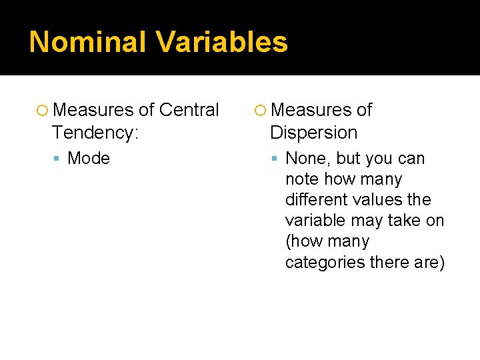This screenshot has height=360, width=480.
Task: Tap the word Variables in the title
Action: pos(223,42)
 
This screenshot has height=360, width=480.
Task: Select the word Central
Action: pos(189,109)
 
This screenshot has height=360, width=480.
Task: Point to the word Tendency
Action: pos(93,132)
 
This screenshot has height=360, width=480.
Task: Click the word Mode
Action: pos(89,158)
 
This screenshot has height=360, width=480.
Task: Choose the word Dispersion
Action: pos(313,132)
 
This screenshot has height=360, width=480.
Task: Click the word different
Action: pos(316,199)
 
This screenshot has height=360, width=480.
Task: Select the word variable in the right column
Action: pos(315,220)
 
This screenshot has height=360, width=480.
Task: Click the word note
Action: pos(300,179)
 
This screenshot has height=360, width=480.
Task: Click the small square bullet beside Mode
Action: pos(58,159)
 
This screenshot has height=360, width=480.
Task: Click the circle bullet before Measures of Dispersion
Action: pos(261,110)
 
